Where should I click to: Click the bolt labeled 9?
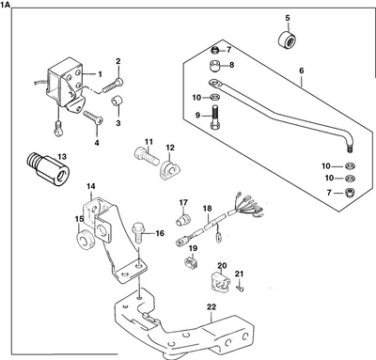pos(218,122)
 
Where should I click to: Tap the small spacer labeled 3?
pos(117,101)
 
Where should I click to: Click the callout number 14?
pos(91,188)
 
